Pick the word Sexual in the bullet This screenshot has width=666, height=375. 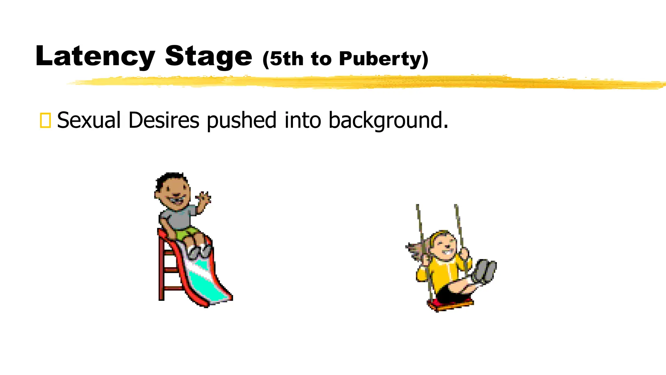[89, 120]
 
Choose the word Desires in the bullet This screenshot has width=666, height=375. [164, 120]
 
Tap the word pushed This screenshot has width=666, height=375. [242, 120]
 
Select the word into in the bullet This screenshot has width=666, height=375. [303, 120]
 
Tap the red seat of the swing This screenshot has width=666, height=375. [450, 304]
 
